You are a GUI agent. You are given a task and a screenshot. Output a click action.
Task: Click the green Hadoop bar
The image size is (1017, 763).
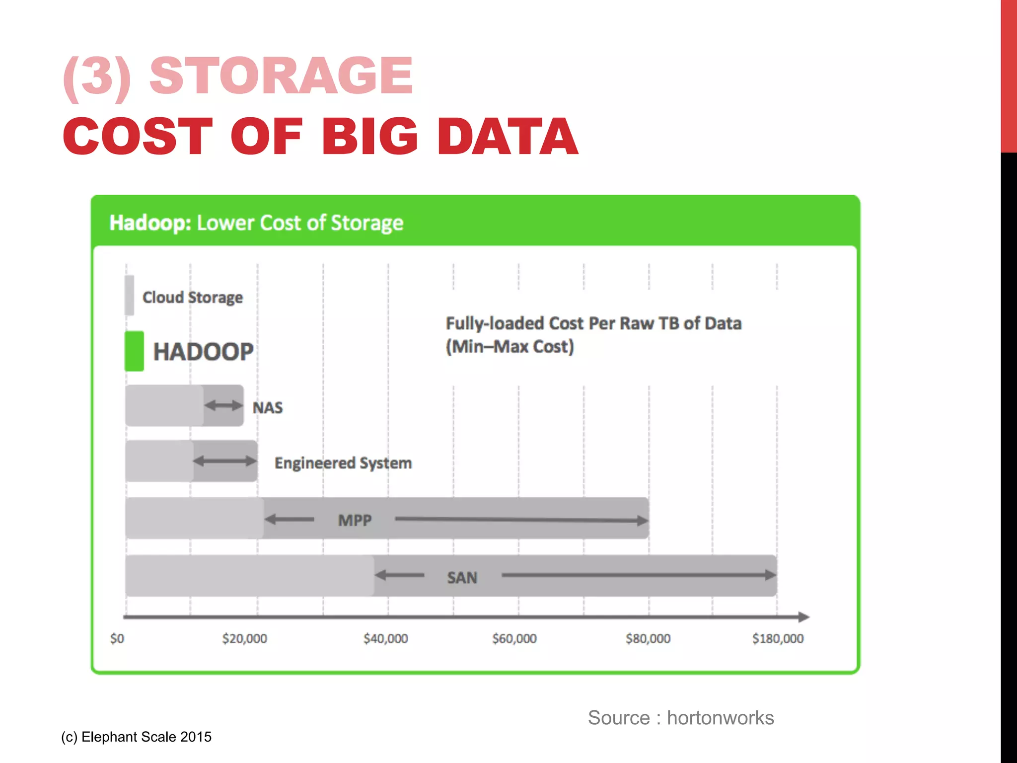point(134,351)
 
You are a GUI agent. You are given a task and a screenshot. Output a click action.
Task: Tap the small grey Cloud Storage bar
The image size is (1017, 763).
point(129,295)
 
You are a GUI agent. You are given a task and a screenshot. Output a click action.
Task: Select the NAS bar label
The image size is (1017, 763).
point(268,408)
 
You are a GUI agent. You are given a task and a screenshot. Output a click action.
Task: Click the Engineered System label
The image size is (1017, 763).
point(343,463)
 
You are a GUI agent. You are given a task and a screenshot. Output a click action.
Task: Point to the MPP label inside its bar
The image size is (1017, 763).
point(355,520)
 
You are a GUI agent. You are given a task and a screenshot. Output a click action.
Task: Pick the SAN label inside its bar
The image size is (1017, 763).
point(462,578)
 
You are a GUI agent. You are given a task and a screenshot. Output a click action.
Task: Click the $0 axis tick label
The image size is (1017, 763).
point(117,638)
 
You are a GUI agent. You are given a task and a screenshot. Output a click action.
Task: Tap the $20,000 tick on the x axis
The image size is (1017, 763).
point(244,638)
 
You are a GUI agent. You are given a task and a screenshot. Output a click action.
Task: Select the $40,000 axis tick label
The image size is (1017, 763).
point(386,638)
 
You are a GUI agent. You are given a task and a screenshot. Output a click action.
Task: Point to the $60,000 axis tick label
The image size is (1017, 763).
point(514,638)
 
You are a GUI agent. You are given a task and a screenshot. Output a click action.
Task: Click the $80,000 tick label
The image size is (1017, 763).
point(648,638)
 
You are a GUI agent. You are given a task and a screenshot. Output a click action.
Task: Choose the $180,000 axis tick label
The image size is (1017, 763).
point(778,638)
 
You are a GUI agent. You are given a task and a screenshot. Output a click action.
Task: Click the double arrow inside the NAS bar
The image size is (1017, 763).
point(223,405)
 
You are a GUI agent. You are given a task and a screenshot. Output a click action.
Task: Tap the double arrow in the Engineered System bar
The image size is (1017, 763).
point(225,461)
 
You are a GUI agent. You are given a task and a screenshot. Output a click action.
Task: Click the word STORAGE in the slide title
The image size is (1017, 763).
point(281,76)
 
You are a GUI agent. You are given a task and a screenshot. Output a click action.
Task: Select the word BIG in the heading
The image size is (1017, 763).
point(370,137)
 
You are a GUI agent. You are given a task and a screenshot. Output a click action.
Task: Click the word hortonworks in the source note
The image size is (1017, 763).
point(720,718)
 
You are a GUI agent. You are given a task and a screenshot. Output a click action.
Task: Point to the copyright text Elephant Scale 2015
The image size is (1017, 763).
point(146,737)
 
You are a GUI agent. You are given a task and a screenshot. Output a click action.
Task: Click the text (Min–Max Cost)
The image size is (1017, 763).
point(510,346)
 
